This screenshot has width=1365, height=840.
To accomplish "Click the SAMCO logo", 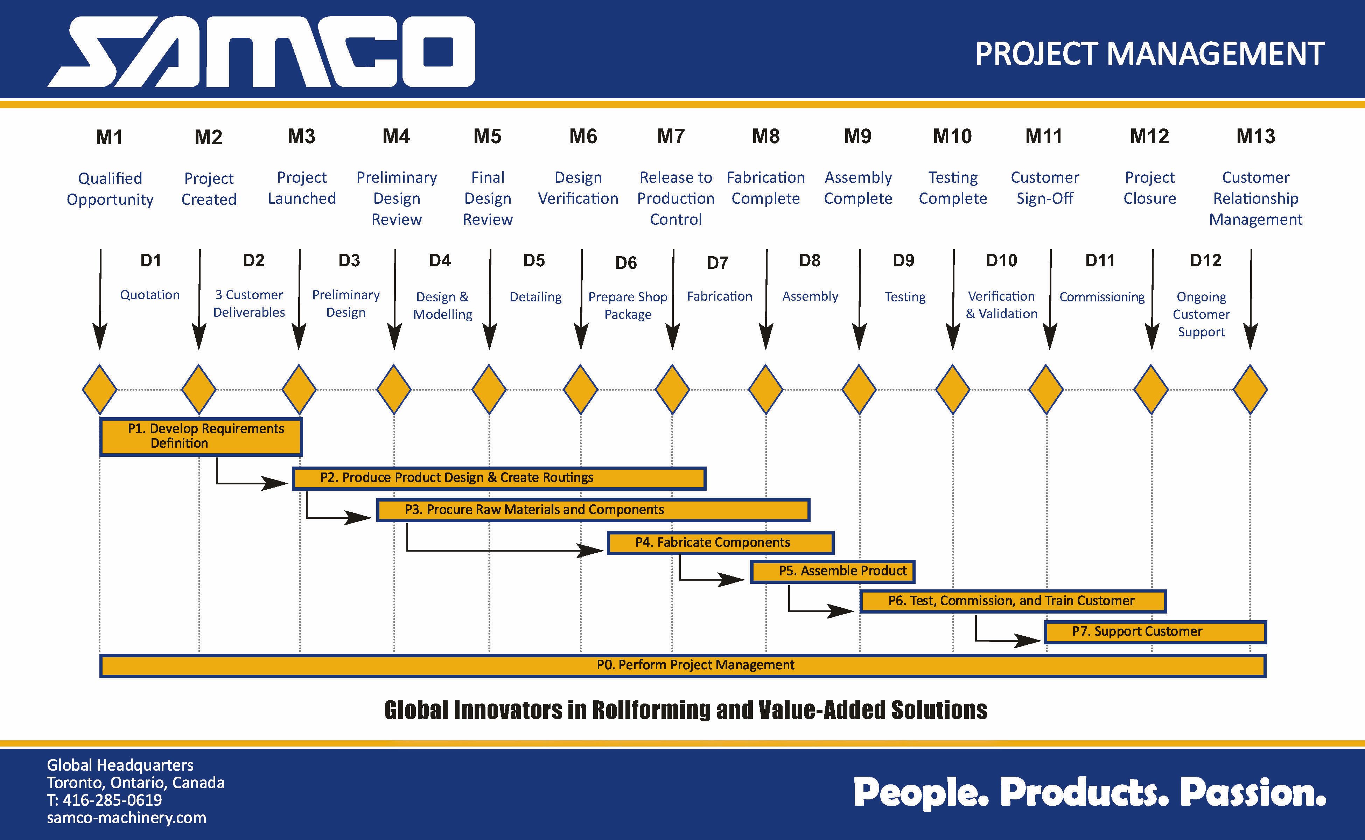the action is click(261, 52).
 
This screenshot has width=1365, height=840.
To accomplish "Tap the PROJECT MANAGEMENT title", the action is click(1149, 54).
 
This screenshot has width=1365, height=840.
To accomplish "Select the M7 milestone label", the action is click(671, 136).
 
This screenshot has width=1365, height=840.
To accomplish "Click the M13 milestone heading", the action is click(1255, 136).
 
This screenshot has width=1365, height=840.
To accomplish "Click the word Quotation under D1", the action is click(150, 295).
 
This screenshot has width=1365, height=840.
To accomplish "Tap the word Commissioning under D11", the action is click(1102, 297).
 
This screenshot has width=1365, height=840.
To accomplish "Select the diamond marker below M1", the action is click(99, 390).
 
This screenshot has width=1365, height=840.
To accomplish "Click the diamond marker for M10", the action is click(953, 390).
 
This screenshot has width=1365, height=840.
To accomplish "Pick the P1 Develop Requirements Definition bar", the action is click(201, 437).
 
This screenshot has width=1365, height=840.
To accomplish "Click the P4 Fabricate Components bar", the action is click(721, 543).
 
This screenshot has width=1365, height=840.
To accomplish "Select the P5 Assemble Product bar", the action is click(832, 572).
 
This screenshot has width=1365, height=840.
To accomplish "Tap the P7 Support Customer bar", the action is click(1156, 632).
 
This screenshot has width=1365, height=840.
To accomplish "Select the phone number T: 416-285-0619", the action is click(104, 800).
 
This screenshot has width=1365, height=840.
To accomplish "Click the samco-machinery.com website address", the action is click(127, 818).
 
